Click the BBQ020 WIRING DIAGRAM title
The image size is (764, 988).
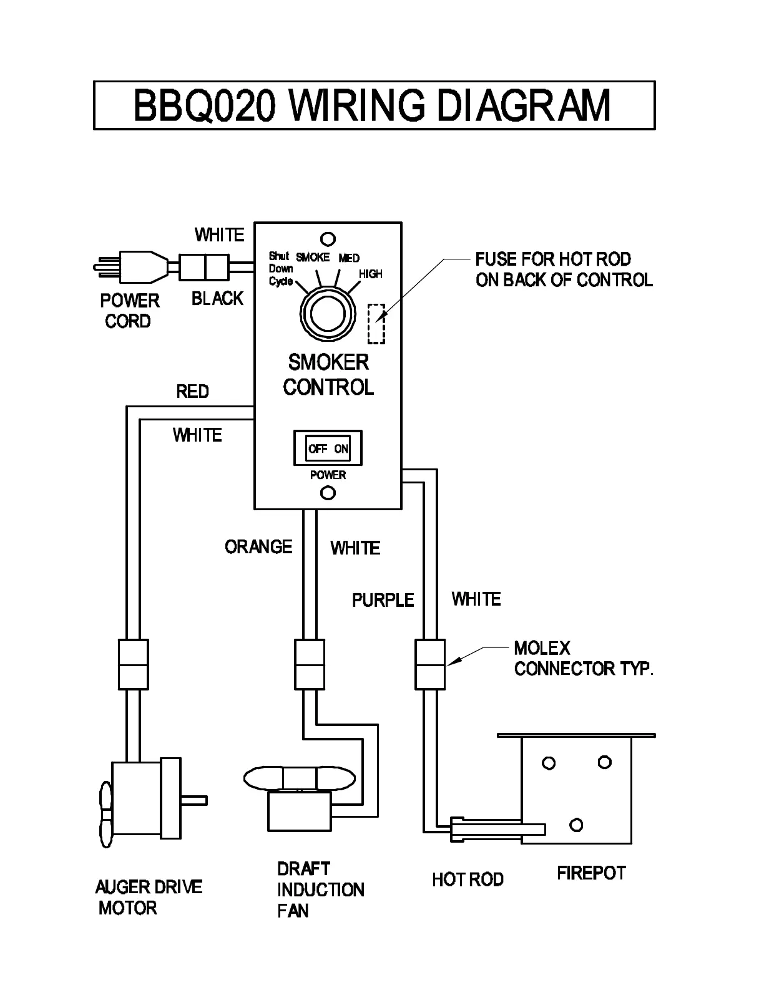[373, 105]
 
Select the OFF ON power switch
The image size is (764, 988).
[328, 448]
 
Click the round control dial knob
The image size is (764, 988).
[328, 314]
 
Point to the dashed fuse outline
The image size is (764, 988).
[376, 324]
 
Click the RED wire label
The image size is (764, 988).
[192, 392]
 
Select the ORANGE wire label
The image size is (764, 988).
[258, 547]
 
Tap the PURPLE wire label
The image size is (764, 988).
[383, 600]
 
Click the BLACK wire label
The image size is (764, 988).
[217, 299]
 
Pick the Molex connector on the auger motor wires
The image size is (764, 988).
[133, 664]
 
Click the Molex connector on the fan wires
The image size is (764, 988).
[310, 664]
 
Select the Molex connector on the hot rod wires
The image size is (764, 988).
[430, 664]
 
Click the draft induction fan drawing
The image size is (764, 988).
[300, 795]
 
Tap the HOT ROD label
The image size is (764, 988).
[468, 879]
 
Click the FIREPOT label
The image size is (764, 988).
[591, 873]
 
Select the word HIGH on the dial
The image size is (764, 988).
[371, 274]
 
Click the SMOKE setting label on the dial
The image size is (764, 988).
[313, 257]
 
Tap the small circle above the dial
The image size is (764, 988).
[328, 239]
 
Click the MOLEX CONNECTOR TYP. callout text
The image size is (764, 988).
[583, 659]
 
